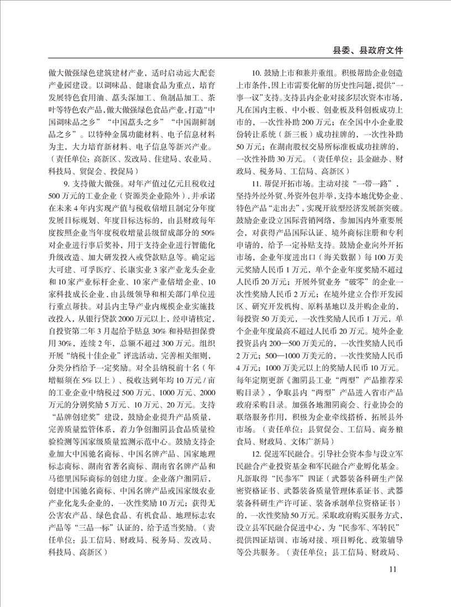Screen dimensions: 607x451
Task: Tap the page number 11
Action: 394,569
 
